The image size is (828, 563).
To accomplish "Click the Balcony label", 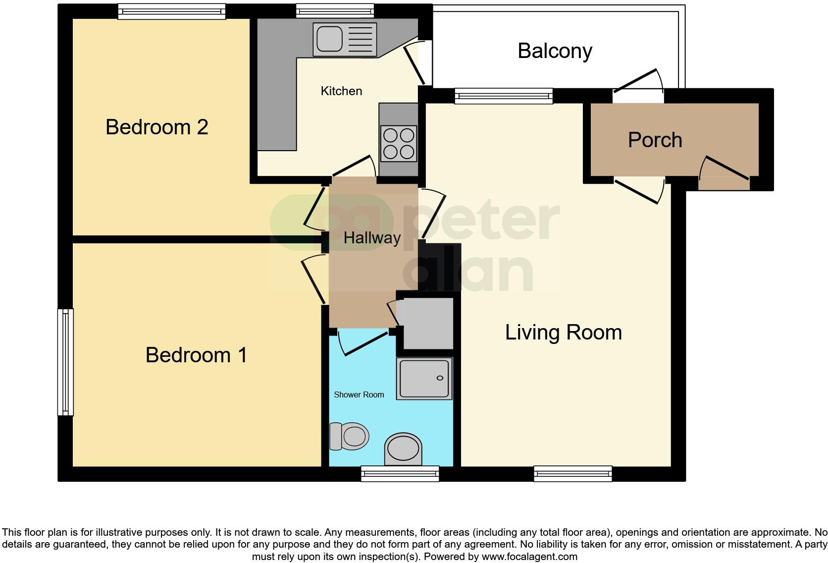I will (555, 51).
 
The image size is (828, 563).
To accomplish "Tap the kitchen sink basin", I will (329, 39).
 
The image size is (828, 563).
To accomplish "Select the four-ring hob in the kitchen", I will (399, 144).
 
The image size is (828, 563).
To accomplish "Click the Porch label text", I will (655, 140).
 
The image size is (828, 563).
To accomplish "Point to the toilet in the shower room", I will (350, 436).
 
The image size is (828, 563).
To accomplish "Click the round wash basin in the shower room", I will (403, 449).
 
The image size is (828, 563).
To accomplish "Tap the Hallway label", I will (372, 238).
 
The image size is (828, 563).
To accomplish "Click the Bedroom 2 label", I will (156, 127).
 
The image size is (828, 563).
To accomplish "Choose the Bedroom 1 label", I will (196, 355).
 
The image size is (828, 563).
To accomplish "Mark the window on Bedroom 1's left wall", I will (65, 362).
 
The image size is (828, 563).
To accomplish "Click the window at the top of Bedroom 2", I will (171, 11).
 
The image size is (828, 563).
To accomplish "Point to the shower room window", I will (400, 474).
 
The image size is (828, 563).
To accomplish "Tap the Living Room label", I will (563, 333).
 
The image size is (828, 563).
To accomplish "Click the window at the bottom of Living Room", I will (573, 474).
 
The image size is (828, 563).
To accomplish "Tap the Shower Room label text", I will (359, 395).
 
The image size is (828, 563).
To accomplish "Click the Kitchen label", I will (341, 91).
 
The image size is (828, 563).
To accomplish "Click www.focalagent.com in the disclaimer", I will (529, 557).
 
